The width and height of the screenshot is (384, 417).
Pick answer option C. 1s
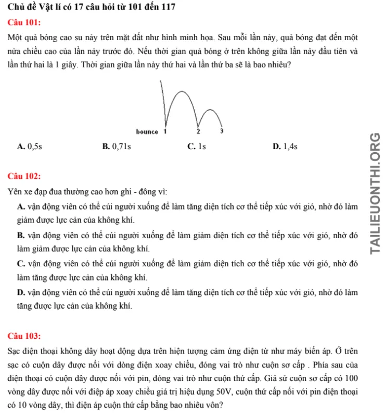click(x=196, y=147)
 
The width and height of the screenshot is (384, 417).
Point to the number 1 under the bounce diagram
click(x=165, y=131)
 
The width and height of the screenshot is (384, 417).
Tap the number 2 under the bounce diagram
click(x=198, y=131)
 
